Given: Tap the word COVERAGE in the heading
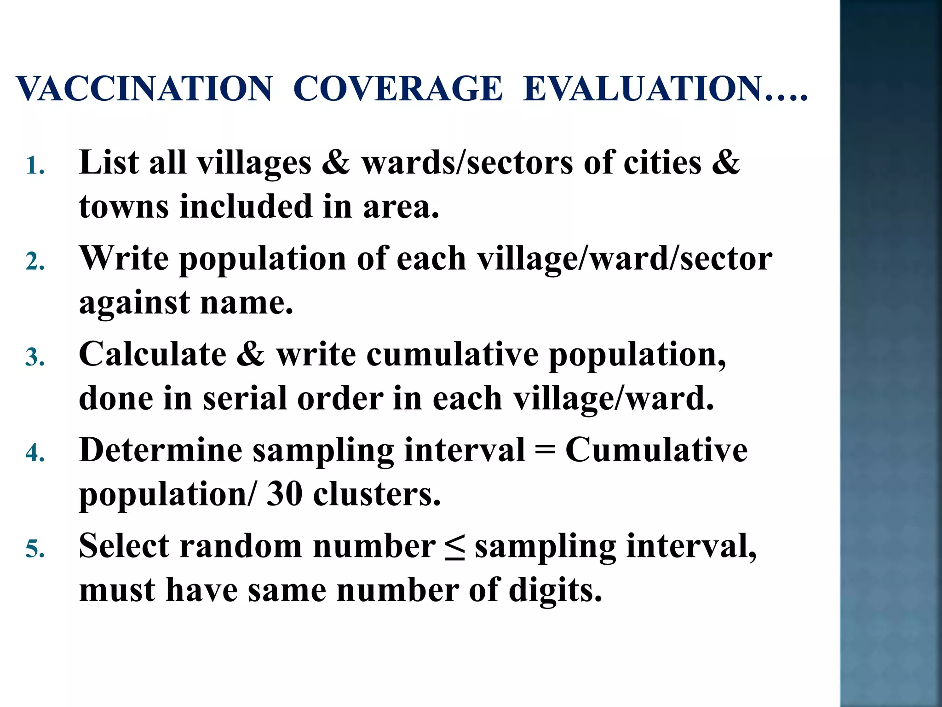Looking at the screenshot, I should coord(398,88).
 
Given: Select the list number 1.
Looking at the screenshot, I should coord(35,166).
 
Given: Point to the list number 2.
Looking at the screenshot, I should coord(35,262).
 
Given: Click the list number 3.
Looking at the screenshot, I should coord(35,358).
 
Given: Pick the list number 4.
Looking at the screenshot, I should coord(35,453).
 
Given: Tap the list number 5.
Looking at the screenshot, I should coord(35,549).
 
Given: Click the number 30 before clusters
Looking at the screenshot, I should coord(284,494).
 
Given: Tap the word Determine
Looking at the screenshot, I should coord(161,450).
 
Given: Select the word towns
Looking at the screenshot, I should coord(124,207).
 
